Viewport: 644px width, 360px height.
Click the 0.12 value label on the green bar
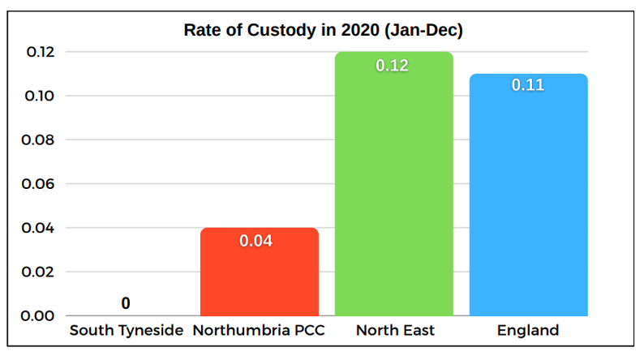393,66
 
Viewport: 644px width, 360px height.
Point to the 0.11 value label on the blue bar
528,84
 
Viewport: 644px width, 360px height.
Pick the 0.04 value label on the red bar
259,241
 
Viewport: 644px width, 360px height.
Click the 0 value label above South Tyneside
126,303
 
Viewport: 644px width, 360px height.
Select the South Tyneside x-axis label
126,331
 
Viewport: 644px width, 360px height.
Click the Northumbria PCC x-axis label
259,331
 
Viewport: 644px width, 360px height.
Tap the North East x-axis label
395,331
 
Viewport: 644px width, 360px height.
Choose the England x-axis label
528,331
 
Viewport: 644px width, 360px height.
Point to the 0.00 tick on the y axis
36,315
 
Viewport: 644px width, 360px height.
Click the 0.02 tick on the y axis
36,272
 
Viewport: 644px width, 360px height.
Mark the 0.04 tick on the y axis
36,228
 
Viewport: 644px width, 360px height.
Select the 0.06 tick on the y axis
36,184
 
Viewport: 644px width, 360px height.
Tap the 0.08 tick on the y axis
36,140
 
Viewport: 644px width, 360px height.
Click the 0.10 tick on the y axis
36,96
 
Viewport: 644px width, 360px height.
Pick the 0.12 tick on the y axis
36,52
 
